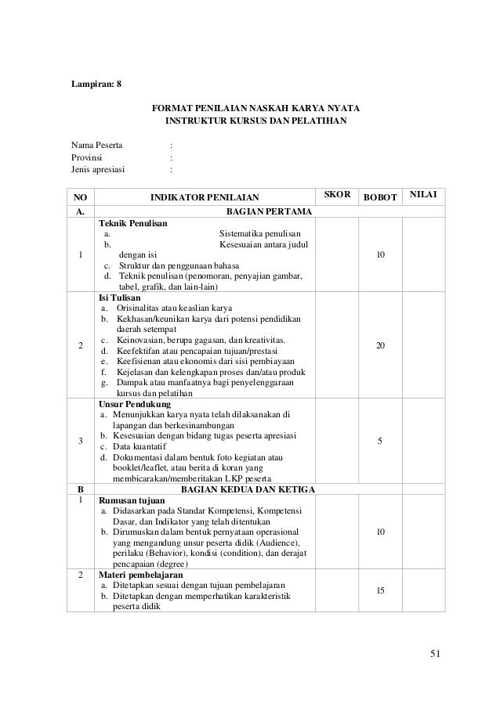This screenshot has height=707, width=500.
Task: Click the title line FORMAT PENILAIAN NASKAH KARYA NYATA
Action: (252, 107)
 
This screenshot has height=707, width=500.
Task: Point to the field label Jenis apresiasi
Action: (97, 169)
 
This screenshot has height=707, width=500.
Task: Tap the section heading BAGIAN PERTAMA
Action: (268, 211)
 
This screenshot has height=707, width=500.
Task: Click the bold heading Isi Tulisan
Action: (116, 298)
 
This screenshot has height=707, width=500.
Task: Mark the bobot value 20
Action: (380, 345)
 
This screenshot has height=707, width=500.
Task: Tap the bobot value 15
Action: (380, 590)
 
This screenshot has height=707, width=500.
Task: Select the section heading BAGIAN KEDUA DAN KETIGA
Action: (248, 490)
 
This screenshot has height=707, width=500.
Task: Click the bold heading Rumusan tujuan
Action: (130, 501)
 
